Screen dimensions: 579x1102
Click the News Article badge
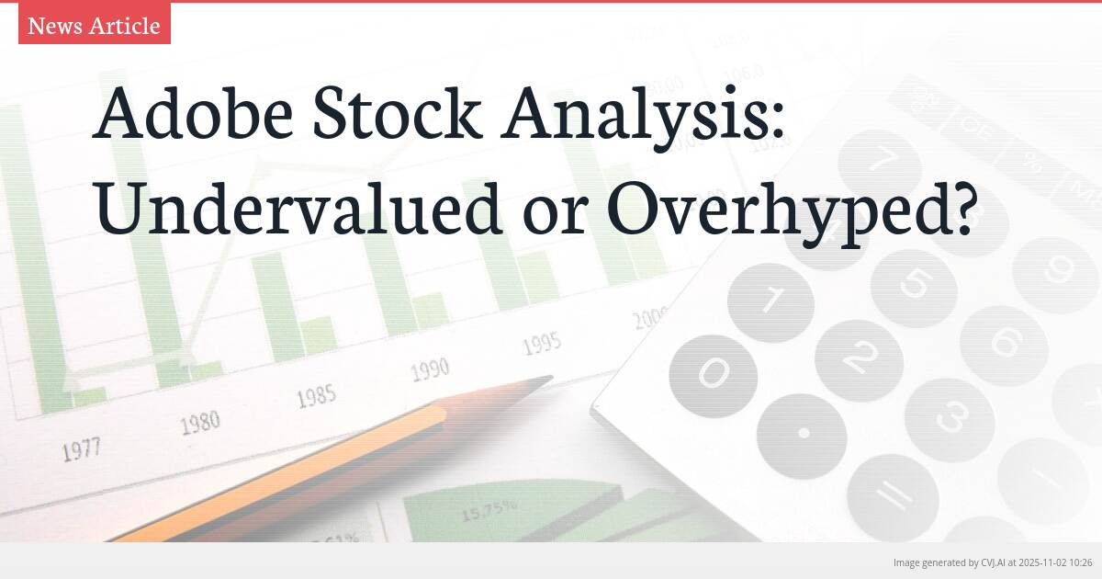tap(94, 26)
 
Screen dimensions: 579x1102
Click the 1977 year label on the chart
tap(81, 450)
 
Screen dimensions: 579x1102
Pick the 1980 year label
tap(199, 424)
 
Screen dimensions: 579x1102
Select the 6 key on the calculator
tap(1005, 345)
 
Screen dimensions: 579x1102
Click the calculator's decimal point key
tap(804, 432)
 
